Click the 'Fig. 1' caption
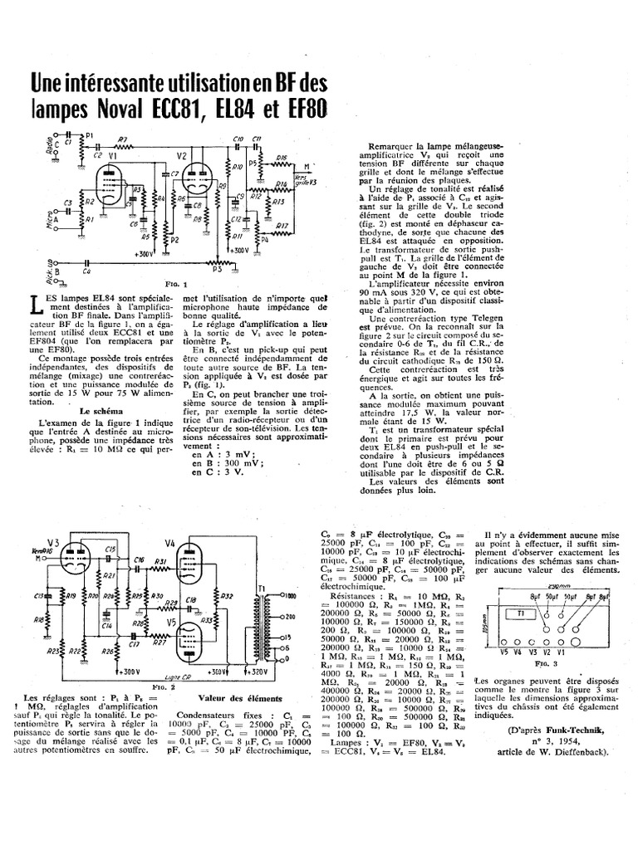[x=174, y=283]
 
